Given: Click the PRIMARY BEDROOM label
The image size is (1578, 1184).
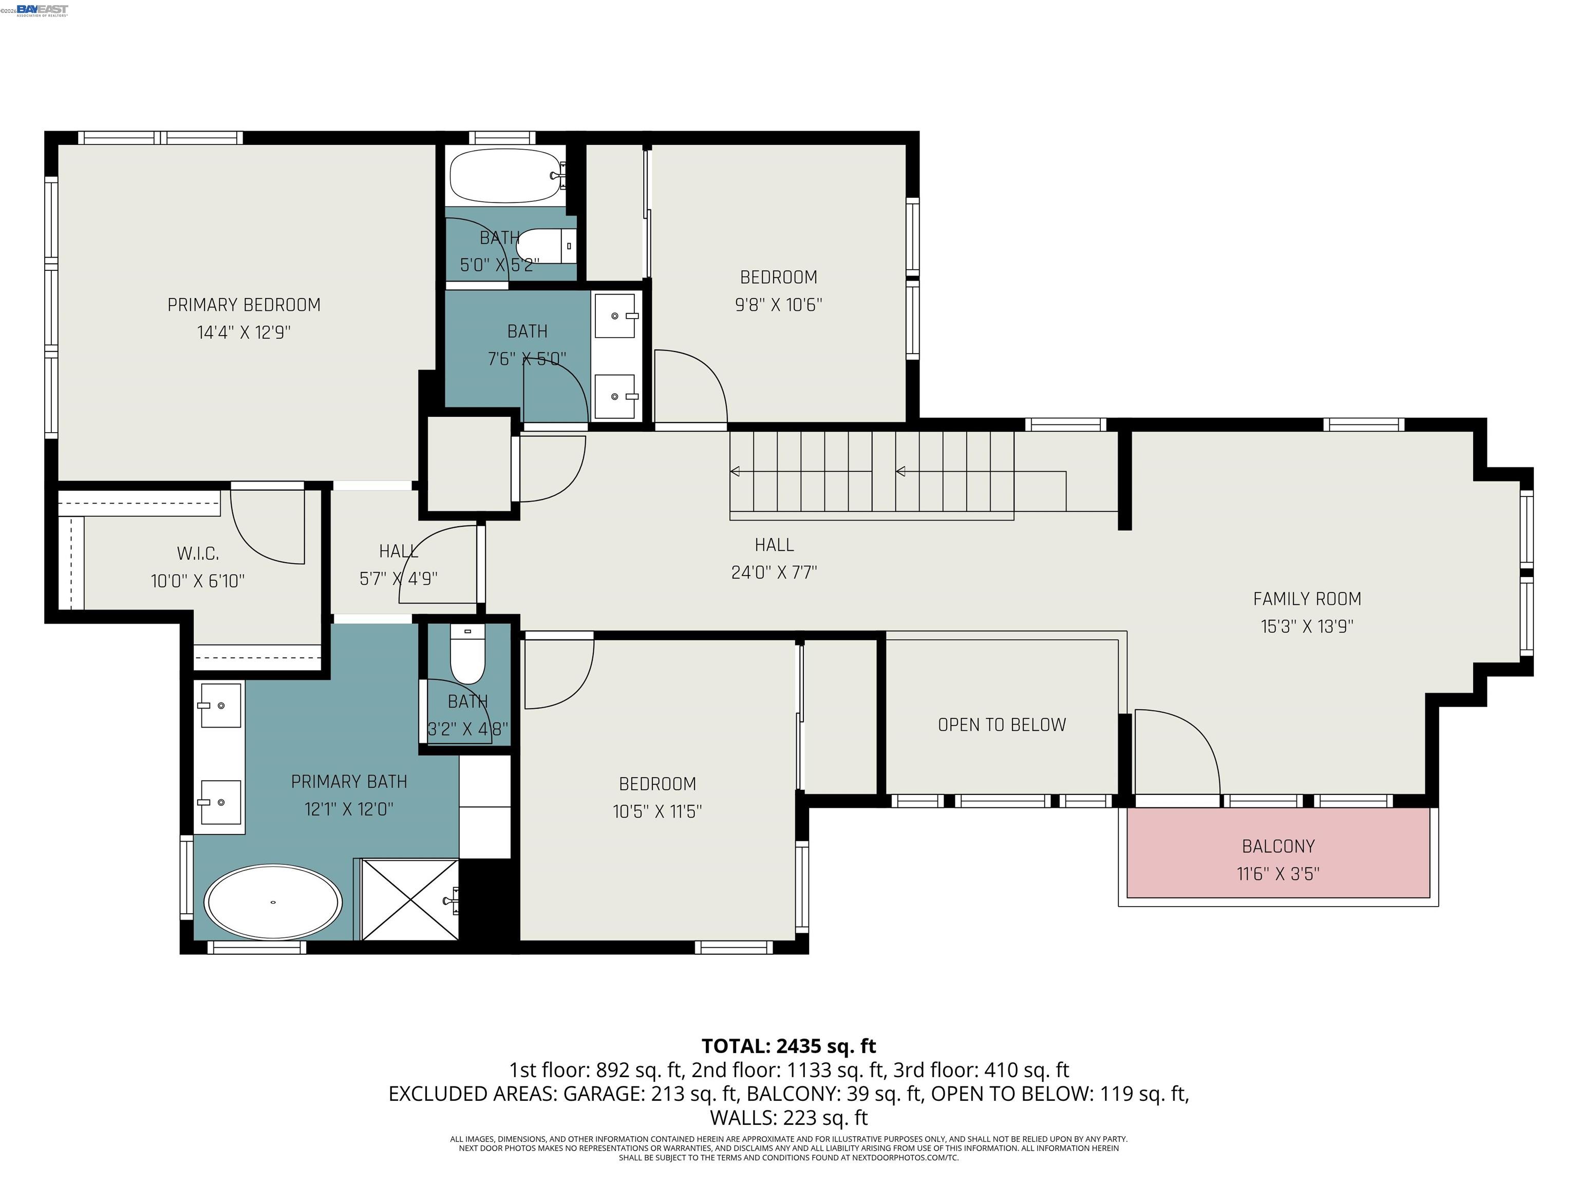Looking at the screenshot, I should point(244,305).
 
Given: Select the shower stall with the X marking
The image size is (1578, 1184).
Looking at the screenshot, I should point(409,900).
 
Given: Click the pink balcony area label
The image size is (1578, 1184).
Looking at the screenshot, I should point(1278,846).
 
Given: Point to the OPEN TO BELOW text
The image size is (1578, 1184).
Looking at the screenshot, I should point(1002,725).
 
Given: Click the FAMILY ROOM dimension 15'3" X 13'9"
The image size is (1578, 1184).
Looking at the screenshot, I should point(1307,626).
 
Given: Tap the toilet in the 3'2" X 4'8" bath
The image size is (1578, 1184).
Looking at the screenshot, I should point(467,657).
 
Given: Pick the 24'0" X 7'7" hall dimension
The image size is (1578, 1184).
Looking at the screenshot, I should point(774,572).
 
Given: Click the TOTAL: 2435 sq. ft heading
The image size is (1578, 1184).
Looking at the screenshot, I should point(788,1046).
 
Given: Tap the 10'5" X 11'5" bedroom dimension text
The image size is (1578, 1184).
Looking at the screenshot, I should point(657,811).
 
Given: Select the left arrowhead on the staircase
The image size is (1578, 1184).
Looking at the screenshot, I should point(735,471).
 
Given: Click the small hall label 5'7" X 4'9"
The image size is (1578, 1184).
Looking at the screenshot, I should point(398,579).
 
